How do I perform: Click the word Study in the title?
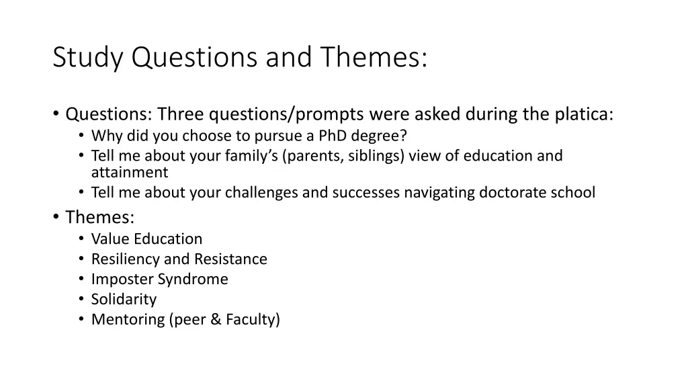(x=88, y=58)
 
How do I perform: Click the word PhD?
(x=332, y=136)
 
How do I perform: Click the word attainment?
(x=129, y=173)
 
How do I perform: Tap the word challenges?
(x=261, y=193)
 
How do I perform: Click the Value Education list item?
(x=146, y=239)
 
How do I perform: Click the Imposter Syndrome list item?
(x=159, y=279)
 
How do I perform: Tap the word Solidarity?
(x=124, y=300)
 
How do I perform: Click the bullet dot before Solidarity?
(x=81, y=300)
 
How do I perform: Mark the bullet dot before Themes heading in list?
(x=56, y=217)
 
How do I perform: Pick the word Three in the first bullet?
(x=179, y=114)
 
